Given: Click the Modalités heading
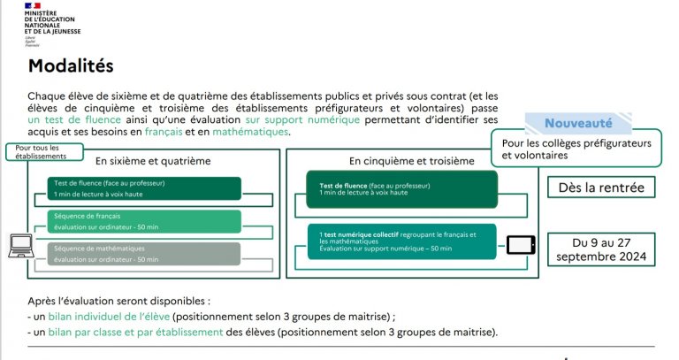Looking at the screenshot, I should pyautogui.click(x=71, y=65).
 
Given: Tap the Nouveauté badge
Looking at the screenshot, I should pyautogui.click(x=579, y=124).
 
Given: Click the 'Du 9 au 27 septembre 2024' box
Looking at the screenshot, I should pyautogui.click(x=601, y=249).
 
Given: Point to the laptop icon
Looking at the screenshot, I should pyautogui.click(x=20, y=245).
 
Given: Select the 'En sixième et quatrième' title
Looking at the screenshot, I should pyautogui.click(x=154, y=161).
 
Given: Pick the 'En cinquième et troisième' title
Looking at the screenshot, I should pyautogui.click(x=411, y=161).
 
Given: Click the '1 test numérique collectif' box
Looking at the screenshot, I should pyautogui.click(x=402, y=241).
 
